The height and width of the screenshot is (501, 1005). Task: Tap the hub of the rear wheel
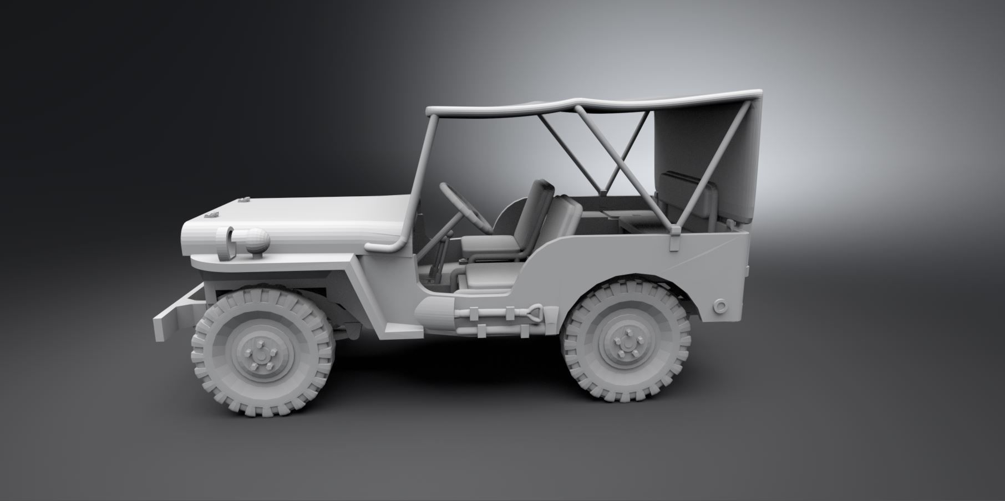(x=627, y=342)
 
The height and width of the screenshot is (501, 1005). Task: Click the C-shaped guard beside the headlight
(x=226, y=243)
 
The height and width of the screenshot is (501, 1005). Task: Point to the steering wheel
(x=465, y=206)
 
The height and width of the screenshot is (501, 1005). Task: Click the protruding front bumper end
(x=163, y=327)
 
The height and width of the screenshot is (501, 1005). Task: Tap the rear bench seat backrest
(x=679, y=191)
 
